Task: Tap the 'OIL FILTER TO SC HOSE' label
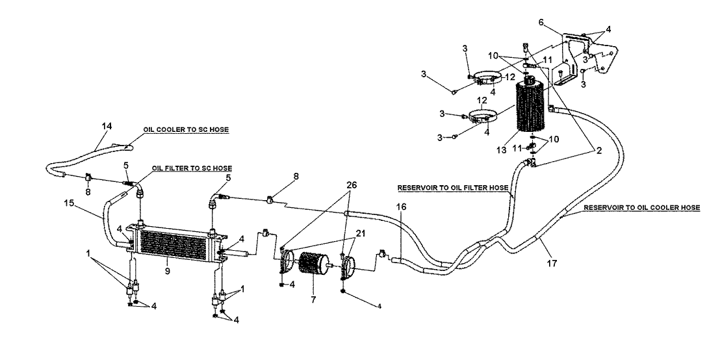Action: (x=191, y=168)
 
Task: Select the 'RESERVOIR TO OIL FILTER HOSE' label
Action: (x=452, y=188)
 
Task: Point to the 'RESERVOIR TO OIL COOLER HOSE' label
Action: (x=641, y=207)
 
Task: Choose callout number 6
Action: (x=541, y=22)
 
